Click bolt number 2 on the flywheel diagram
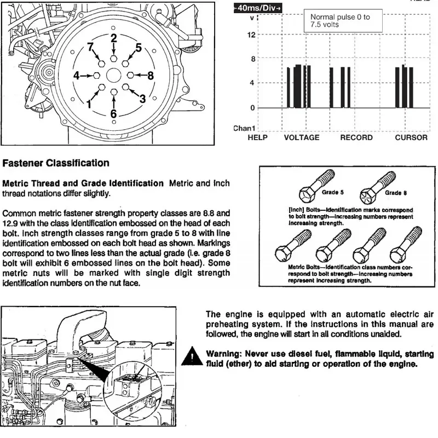(113, 57)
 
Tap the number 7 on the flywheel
(91, 48)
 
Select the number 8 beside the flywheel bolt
(150, 75)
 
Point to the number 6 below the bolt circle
(113, 114)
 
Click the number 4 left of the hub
(77, 75)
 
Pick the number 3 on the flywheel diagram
(142, 99)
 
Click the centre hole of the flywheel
(113, 75)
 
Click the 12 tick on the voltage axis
(252, 35)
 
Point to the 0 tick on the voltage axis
(252, 107)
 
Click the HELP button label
(257, 137)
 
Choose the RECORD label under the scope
(356, 137)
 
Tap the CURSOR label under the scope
(411, 137)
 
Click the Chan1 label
(244, 128)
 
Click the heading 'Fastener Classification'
(56, 163)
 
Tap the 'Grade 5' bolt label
(333, 193)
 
